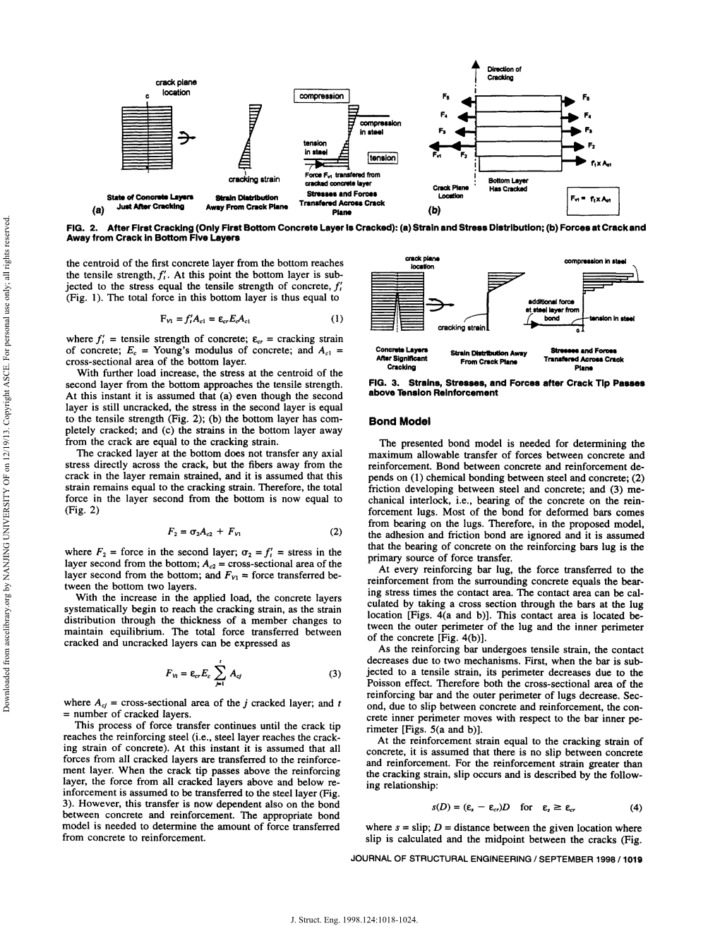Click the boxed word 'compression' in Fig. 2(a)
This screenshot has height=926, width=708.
coord(321,96)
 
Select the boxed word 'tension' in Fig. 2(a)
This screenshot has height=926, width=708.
coord(382,158)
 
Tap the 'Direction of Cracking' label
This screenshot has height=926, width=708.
coord(504,73)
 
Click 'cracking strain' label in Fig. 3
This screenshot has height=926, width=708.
coord(460,328)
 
